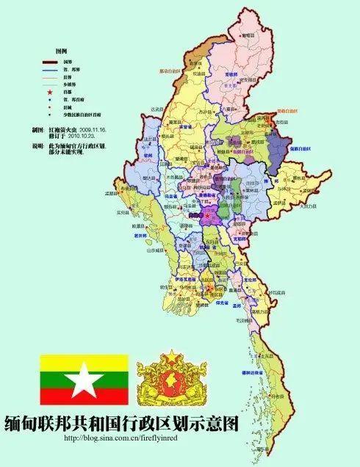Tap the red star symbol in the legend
click(x=50, y=93)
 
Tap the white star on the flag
click(x=84, y=382)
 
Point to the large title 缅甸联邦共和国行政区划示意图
click(x=122, y=424)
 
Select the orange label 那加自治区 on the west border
click(x=171, y=71)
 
